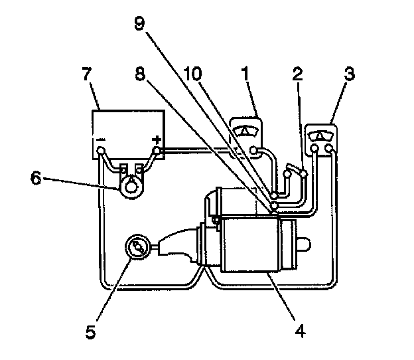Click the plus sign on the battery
[157, 139]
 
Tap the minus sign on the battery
[100, 140]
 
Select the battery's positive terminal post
[157, 151]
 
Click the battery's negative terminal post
[100, 151]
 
